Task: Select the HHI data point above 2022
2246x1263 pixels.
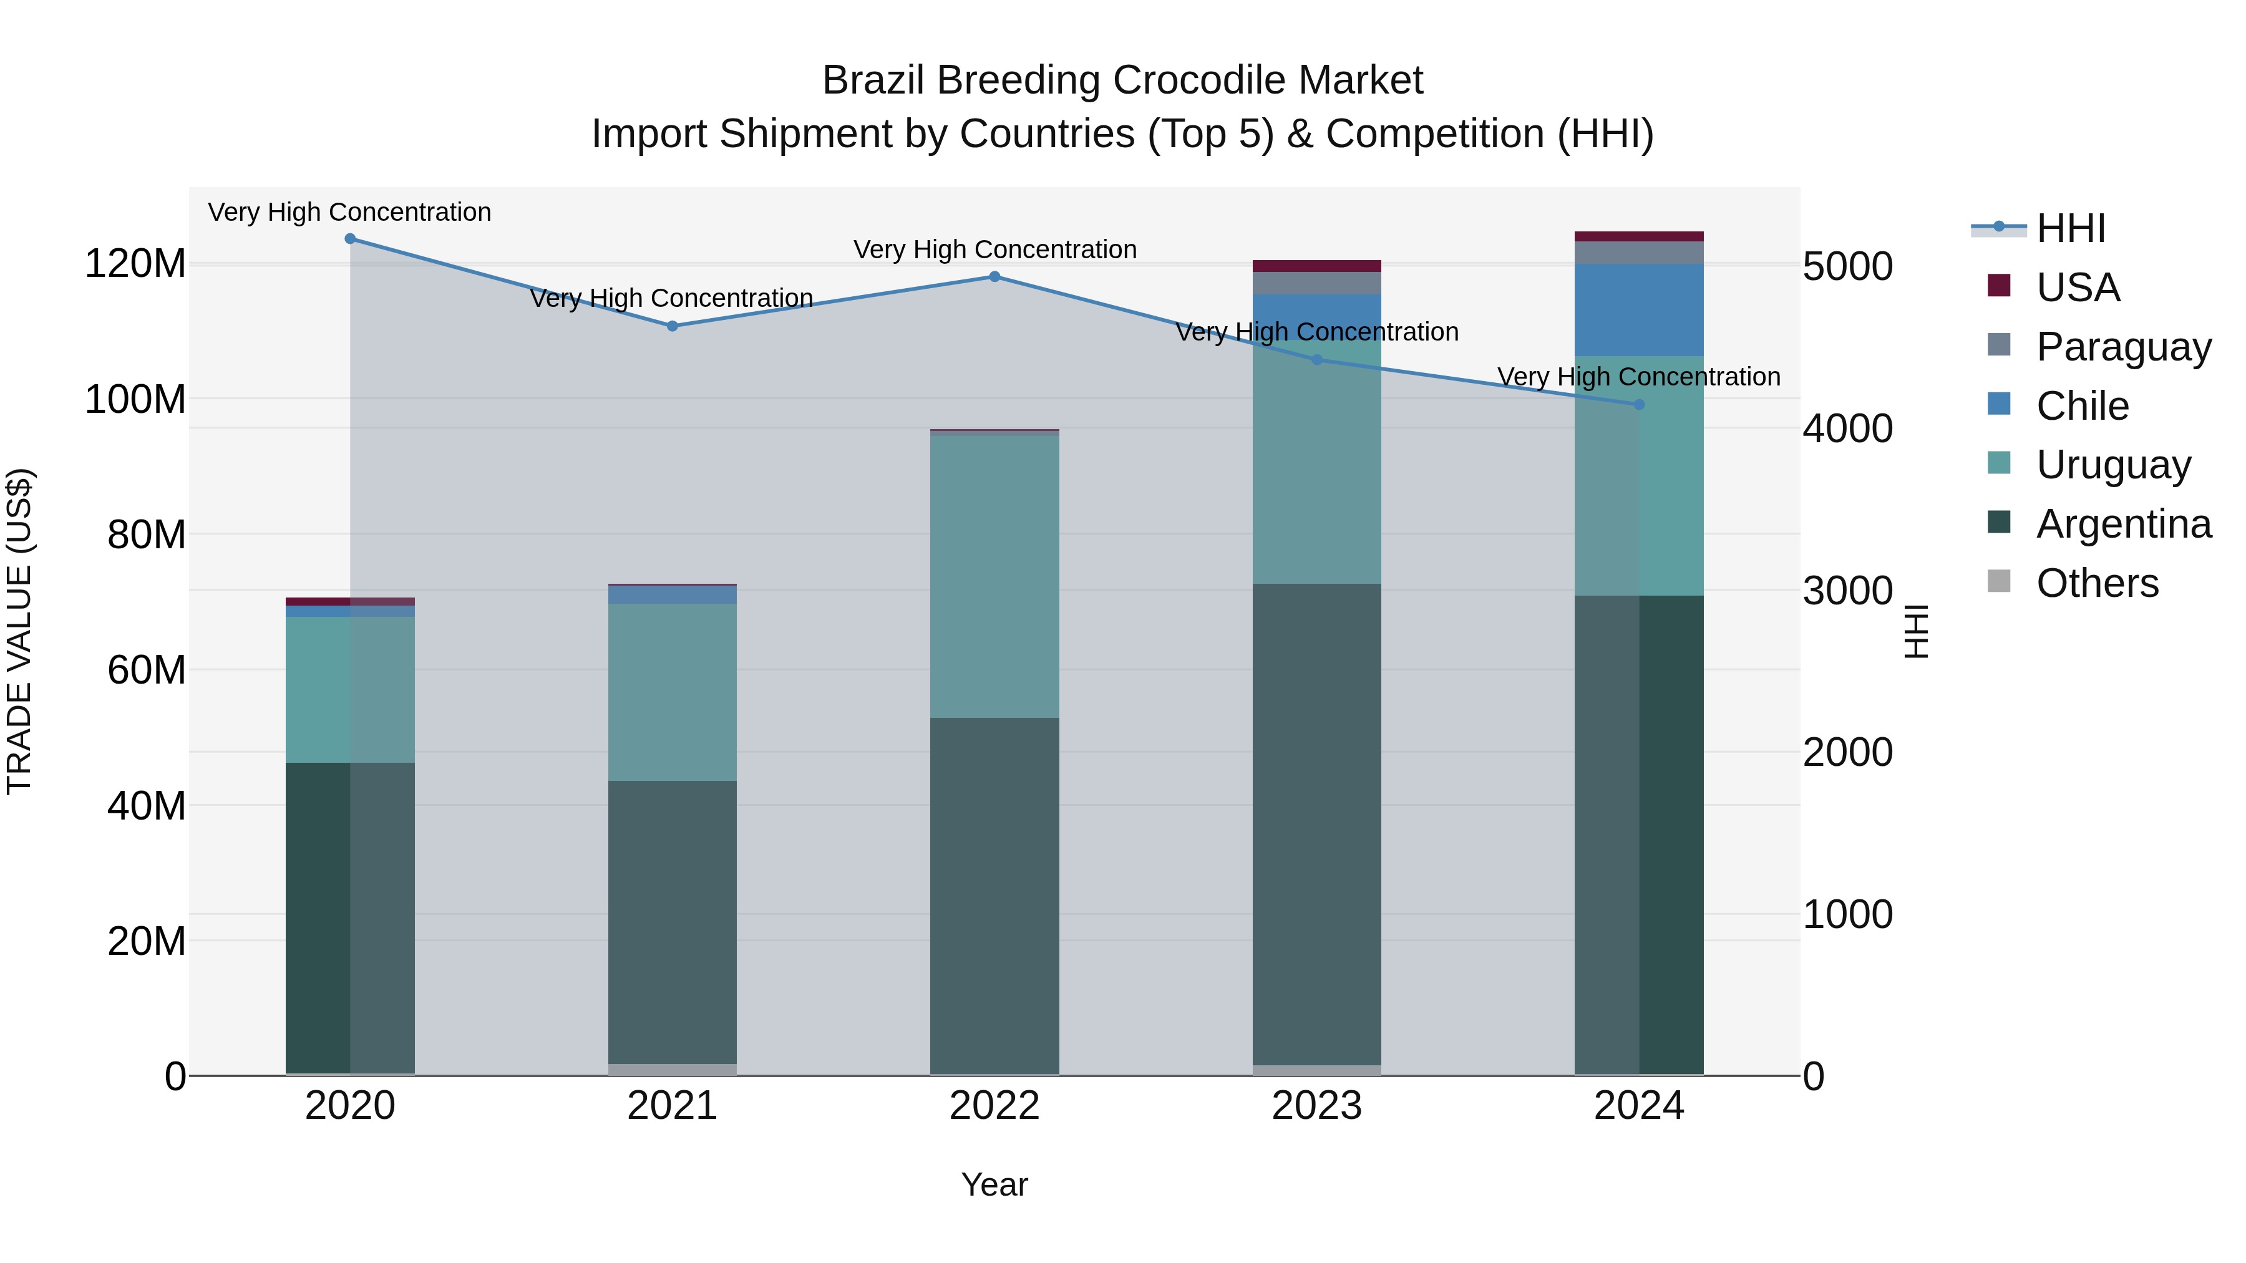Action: click(994, 277)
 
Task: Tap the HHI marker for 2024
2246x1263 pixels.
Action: click(1638, 404)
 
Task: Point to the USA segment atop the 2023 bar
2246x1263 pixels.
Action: click(1316, 266)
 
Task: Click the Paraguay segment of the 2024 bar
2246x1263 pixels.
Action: click(1638, 252)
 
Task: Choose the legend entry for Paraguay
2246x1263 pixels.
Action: click(2123, 346)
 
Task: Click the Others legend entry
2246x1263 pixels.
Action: click(2097, 583)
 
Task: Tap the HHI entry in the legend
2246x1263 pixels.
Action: click(2071, 228)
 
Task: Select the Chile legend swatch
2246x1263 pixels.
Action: click(1998, 404)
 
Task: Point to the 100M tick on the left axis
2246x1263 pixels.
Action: click(135, 399)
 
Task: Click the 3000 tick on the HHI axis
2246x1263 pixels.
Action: click(1847, 591)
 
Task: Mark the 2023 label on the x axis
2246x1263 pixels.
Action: click(1316, 1106)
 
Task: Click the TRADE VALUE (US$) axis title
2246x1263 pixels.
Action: click(19, 631)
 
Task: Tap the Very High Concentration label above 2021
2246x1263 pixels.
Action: click(671, 298)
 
